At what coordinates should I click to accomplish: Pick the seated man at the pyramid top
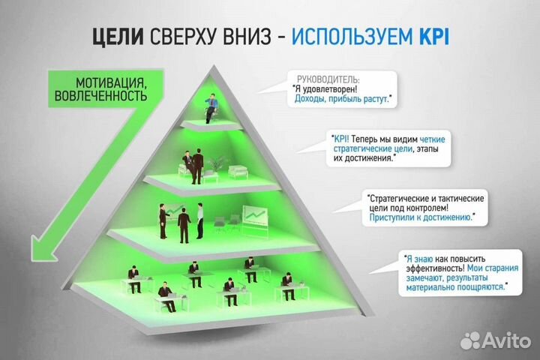tap(213, 105)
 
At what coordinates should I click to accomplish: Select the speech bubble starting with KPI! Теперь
tap(382, 148)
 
